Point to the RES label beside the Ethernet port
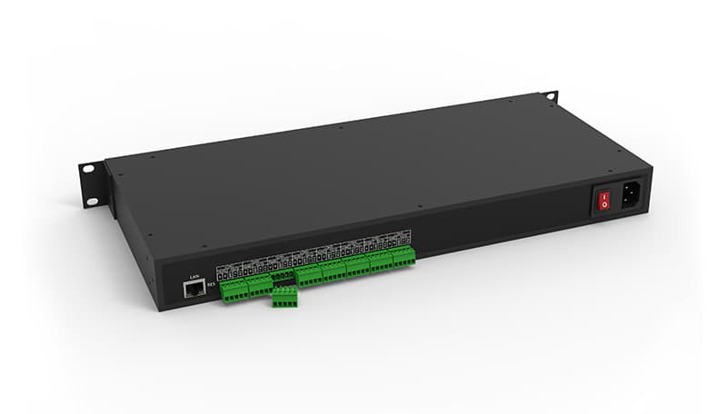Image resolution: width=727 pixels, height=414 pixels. click(211, 284)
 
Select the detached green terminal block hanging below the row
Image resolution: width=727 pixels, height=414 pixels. click(284, 297)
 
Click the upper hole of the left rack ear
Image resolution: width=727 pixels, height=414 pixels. click(89, 169)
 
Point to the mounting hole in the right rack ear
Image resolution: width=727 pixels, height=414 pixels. click(549, 95)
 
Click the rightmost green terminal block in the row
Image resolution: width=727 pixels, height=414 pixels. click(403, 257)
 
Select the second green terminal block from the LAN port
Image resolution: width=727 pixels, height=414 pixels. click(259, 283)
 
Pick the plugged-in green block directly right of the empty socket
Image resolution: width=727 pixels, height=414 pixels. click(309, 274)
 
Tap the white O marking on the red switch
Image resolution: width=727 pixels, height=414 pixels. click(601, 206)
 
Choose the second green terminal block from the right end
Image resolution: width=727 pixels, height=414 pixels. click(381, 261)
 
